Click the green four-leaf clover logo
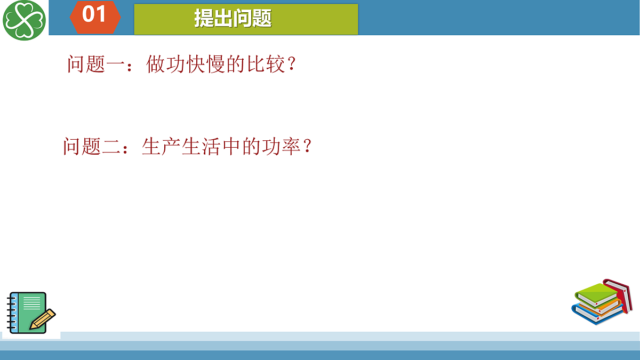coord(24,20)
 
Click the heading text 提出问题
coord(233,19)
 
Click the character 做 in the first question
coord(156,65)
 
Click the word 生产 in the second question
coord(162,146)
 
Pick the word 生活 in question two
coord(202,146)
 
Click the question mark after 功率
coord(307,146)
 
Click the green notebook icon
coord(27,312)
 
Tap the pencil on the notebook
coord(43,319)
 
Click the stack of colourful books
coord(600,302)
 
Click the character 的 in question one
coord(236,65)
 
